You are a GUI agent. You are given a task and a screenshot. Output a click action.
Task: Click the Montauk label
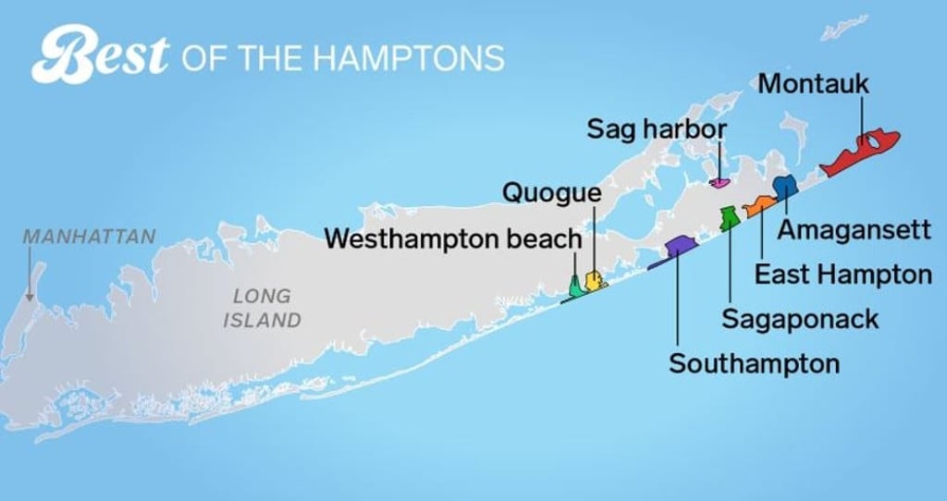tap(814, 84)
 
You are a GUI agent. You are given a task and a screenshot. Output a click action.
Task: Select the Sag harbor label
tap(658, 129)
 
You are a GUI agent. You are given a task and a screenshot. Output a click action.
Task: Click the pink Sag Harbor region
tap(719, 181)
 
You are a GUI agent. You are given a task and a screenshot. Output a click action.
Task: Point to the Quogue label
tap(551, 192)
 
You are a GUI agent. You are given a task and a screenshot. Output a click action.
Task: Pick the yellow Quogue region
tap(594, 280)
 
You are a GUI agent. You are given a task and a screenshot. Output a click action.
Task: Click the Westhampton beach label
tap(453, 238)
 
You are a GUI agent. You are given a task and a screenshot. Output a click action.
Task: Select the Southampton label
tap(755, 363)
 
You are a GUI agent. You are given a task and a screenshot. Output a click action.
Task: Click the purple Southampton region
tap(680, 246)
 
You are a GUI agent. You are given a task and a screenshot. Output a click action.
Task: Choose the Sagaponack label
tap(800, 319)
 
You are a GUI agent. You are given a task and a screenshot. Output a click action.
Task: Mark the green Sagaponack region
tap(729, 218)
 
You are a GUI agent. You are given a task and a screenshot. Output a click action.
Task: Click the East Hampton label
tap(842, 275)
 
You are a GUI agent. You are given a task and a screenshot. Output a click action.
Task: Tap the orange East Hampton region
tap(759, 206)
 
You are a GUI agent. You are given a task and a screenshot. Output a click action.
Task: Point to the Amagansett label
tap(853, 229)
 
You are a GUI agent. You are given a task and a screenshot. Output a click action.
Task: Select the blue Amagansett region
tap(784, 187)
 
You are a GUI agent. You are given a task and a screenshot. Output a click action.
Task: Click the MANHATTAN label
tap(89, 236)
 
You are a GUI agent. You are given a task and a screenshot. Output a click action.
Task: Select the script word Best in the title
tap(100, 55)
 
